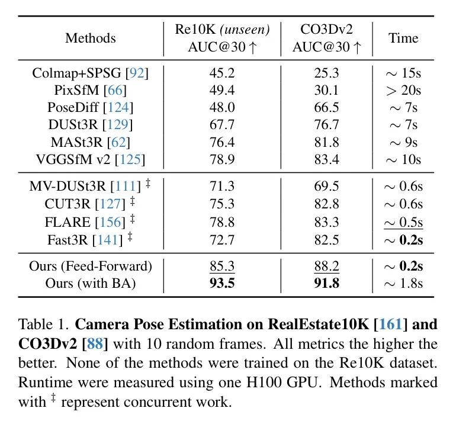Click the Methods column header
click(90, 38)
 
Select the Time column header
click(403, 38)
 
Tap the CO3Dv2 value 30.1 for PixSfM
click(327, 91)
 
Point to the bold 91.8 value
click(327, 283)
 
